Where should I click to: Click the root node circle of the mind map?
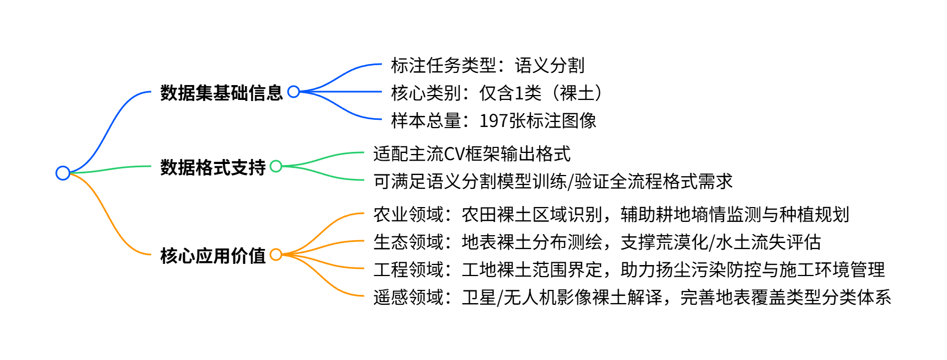click(x=63, y=173)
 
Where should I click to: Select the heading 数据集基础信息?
click(x=221, y=92)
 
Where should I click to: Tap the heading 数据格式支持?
click(x=213, y=167)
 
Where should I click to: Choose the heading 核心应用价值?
click(x=213, y=256)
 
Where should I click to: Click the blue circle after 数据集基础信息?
click(x=294, y=92)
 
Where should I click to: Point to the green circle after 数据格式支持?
click(x=276, y=166)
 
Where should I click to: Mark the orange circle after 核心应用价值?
click(x=276, y=255)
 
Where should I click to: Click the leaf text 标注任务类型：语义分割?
click(x=487, y=65)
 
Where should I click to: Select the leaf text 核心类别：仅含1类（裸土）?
click(x=496, y=93)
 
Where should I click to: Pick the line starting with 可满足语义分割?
click(x=552, y=181)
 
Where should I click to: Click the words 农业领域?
click(x=408, y=214)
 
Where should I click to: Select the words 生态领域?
click(x=408, y=242)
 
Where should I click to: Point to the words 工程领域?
click(x=408, y=269)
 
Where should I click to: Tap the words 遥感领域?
click(x=408, y=297)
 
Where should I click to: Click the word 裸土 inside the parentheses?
click(x=577, y=93)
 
